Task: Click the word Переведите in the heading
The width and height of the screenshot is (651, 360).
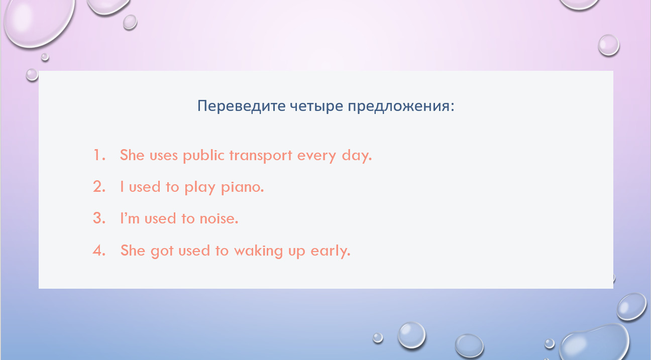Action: tap(241, 106)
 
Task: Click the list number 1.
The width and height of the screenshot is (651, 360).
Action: tap(99, 155)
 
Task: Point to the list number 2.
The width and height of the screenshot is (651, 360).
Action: tap(99, 187)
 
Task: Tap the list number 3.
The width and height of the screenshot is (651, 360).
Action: tap(99, 218)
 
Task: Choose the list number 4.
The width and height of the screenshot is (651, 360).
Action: tap(99, 250)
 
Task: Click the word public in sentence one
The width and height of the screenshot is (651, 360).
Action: tap(204, 156)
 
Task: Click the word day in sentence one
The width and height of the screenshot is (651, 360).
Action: tap(357, 156)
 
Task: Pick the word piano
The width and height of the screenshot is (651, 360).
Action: tap(243, 187)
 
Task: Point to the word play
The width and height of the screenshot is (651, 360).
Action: tap(200, 187)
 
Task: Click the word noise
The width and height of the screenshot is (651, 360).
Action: tap(219, 218)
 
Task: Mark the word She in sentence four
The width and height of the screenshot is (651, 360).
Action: tap(133, 250)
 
